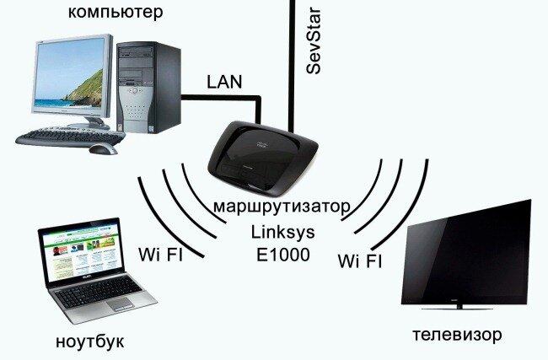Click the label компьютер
pos(116,13)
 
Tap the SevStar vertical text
pos(314,41)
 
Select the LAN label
pos(224,82)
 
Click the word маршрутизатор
pos(282,207)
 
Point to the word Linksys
pos(282,232)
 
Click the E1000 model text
pos(283,255)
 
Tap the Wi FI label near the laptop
pos(160,255)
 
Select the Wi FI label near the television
pos(360,261)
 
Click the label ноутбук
pos(90,341)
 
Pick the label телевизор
pos(457,335)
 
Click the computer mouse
pos(103,149)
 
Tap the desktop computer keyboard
pos(70,137)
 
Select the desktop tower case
pos(148,88)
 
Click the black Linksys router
pos(262,158)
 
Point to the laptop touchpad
pos(121,304)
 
